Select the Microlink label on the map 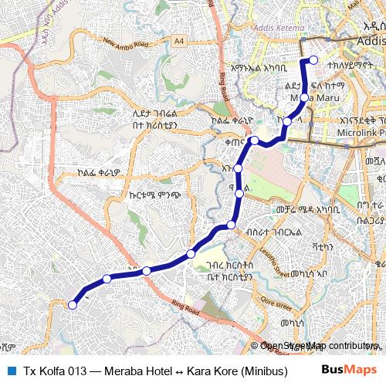pyautogui.click(x=355, y=134)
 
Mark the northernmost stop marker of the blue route pyautogui.click(x=313, y=60)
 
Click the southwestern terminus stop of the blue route pyautogui.click(x=73, y=305)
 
